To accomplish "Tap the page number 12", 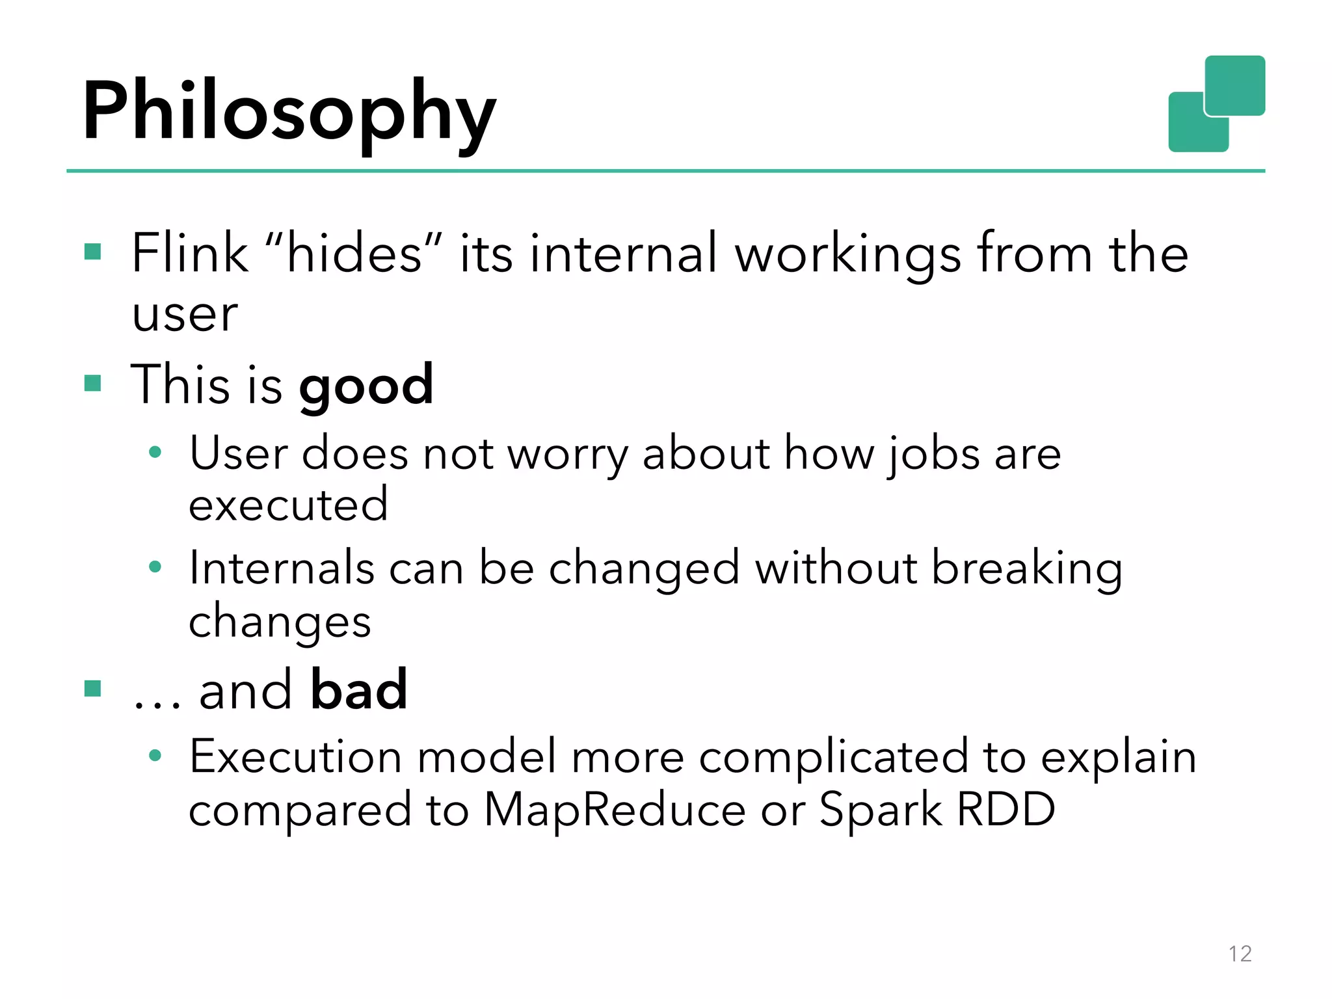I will [1240, 953].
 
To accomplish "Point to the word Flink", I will [190, 253].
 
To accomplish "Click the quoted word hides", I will [354, 253].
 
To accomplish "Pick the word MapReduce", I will [615, 810].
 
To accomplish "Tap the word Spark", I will [881, 810].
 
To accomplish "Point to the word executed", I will [288, 505].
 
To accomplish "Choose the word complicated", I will [834, 758].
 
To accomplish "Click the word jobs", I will [933, 454].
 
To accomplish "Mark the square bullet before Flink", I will [93, 252].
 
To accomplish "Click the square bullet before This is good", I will [93, 383].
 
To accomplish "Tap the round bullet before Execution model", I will [155, 756].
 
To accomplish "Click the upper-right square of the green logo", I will [1234, 85].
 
